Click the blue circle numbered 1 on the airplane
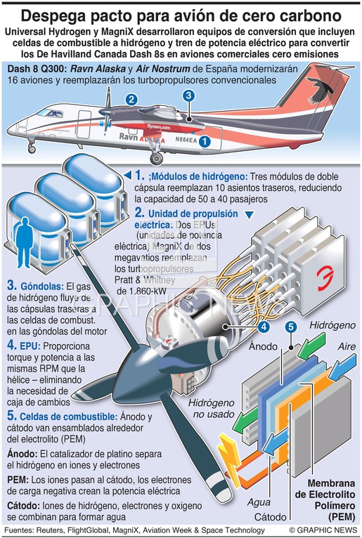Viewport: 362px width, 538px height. click(x=205, y=141)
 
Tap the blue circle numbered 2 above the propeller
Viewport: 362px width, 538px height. click(x=131, y=100)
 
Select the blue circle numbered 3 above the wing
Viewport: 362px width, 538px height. click(x=188, y=96)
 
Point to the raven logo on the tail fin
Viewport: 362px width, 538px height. click(x=320, y=89)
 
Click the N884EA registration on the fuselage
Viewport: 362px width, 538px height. click(x=186, y=140)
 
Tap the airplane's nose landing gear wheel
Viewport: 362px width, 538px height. click(x=32, y=150)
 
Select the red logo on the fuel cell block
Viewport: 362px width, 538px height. click(x=325, y=279)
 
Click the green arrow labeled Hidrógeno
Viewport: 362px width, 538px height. click(x=311, y=345)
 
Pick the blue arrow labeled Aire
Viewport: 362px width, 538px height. click(x=342, y=367)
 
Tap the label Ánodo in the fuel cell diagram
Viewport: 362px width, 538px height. click(x=263, y=346)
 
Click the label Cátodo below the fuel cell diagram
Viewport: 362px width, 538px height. click(x=271, y=517)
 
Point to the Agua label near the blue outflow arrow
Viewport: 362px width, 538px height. click(x=259, y=502)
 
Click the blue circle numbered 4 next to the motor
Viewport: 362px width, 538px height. click(x=264, y=327)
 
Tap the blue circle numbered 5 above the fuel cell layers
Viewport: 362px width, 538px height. click(x=290, y=327)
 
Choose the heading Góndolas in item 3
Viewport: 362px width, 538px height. click(x=42, y=286)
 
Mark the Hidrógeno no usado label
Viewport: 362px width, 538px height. click(x=212, y=408)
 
